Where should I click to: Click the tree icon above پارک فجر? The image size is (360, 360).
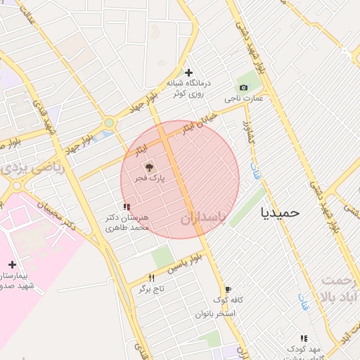[x=148, y=167]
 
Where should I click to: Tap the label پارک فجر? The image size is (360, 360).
[x=150, y=179]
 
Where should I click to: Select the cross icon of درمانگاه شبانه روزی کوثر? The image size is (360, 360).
[x=188, y=72]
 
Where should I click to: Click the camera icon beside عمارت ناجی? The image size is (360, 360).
[x=243, y=87]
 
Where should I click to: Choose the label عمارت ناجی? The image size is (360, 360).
[x=243, y=99]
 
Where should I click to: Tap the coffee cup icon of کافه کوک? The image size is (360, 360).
[x=227, y=289]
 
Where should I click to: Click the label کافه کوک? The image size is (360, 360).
[x=229, y=300]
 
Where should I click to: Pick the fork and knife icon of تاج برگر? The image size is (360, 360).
[x=151, y=278]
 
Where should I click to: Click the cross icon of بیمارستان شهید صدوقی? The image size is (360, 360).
[x=12, y=264]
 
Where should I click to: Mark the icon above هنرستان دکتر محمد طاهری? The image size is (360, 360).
[x=127, y=207]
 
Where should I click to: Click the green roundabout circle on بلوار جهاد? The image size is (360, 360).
[x=109, y=124]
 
